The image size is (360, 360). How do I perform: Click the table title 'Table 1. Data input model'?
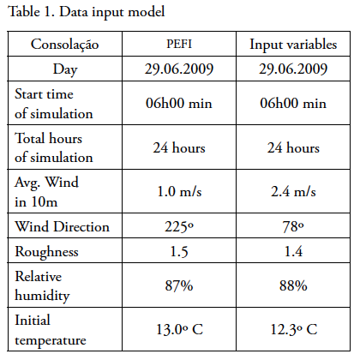click(x=87, y=12)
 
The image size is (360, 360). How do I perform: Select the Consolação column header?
click(x=65, y=45)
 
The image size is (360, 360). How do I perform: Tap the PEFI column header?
click(x=179, y=44)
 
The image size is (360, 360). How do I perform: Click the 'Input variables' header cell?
click(x=293, y=45)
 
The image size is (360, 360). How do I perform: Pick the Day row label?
click(x=65, y=69)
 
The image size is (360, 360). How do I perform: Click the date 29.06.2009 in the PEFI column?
click(x=179, y=69)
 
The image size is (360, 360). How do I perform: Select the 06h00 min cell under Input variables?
click(x=293, y=103)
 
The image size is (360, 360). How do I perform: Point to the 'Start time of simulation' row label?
click(x=54, y=104)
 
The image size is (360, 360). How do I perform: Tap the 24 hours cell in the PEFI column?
click(x=179, y=147)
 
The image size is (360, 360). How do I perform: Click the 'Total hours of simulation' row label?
click(x=54, y=147)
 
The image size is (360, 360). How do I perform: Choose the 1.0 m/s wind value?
click(x=179, y=191)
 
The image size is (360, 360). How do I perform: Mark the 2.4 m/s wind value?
click(x=293, y=191)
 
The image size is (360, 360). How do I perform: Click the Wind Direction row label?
click(x=62, y=226)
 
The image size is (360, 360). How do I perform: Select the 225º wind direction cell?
click(x=179, y=227)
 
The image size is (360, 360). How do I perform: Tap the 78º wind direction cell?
click(x=293, y=227)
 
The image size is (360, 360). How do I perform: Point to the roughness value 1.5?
click(x=179, y=252)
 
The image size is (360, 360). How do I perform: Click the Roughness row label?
click(x=46, y=252)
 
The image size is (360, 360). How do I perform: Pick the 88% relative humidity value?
click(x=293, y=285)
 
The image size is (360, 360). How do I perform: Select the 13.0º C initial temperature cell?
click(x=179, y=329)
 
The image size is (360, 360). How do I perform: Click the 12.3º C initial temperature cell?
click(x=294, y=329)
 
